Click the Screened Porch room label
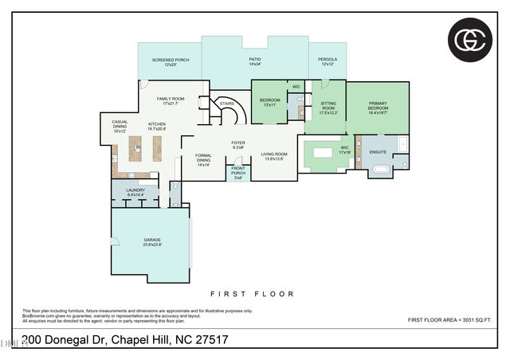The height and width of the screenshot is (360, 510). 169,62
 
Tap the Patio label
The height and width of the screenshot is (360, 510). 254,61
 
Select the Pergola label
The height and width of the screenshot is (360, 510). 328,61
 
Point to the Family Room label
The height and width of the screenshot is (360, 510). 173,100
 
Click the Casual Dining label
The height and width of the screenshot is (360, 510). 120,124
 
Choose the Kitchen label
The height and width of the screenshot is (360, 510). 157,126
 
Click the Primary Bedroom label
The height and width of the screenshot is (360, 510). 377,109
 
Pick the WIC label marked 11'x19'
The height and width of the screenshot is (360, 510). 344,150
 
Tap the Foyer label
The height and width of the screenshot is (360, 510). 237,145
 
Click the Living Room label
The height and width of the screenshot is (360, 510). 273,156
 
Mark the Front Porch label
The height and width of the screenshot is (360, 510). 237,171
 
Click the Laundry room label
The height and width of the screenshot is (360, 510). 135,191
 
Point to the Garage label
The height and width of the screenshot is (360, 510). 151,242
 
